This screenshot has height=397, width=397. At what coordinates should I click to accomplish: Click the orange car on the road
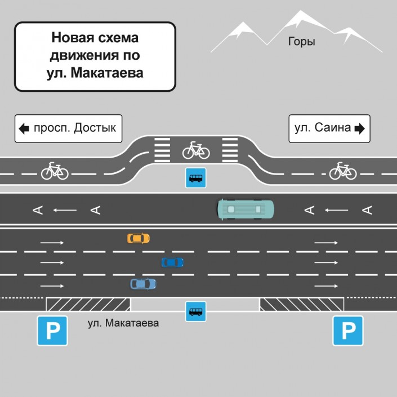(x=138, y=238)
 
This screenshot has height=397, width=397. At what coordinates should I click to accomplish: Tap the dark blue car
(x=172, y=262)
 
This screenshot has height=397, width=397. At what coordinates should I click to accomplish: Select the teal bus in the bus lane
(x=246, y=209)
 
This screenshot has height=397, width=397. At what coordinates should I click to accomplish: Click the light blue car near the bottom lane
(x=143, y=284)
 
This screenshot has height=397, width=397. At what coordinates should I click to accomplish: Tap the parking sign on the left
(x=53, y=331)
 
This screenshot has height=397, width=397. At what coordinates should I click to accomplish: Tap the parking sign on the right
(x=347, y=331)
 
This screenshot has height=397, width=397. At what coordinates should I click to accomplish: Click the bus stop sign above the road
(x=196, y=179)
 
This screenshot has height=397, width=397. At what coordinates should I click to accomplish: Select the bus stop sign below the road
(x=196, y=311)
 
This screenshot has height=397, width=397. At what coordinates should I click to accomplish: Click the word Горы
(x=301, y=42)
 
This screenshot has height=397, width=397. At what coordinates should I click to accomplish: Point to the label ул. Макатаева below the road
(x=123, y=323)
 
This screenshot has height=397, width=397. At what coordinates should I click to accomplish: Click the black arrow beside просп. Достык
(x=24, y=128)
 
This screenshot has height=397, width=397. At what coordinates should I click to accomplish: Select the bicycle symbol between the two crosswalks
(x=196, y=150)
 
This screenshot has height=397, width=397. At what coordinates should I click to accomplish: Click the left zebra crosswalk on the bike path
(x=162, y=150)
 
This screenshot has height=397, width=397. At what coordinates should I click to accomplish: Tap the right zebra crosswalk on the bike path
(x=230, y=150)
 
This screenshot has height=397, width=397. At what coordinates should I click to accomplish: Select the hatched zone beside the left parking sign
(x=88, y=304)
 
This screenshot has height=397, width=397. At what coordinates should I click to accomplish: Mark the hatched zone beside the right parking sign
(x=301, y=304)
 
